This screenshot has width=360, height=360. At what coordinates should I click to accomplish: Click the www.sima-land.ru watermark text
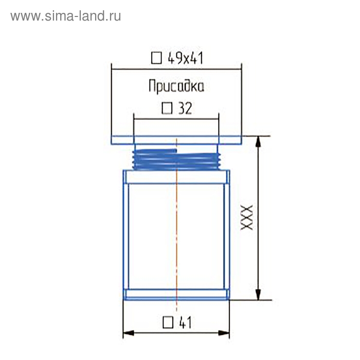[x=65, y=16]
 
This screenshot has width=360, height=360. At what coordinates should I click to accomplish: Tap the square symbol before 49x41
[x=156, y=58]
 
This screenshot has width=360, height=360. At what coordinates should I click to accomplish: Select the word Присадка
[x=176, y=86]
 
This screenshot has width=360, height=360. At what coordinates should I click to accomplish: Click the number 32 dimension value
[x=184, y=109]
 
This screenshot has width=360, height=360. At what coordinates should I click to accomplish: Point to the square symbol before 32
[x=167, y=109]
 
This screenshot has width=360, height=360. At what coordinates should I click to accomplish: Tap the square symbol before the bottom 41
[x=168, y=323]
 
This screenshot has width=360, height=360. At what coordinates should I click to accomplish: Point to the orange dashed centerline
[x=176, y=231]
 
